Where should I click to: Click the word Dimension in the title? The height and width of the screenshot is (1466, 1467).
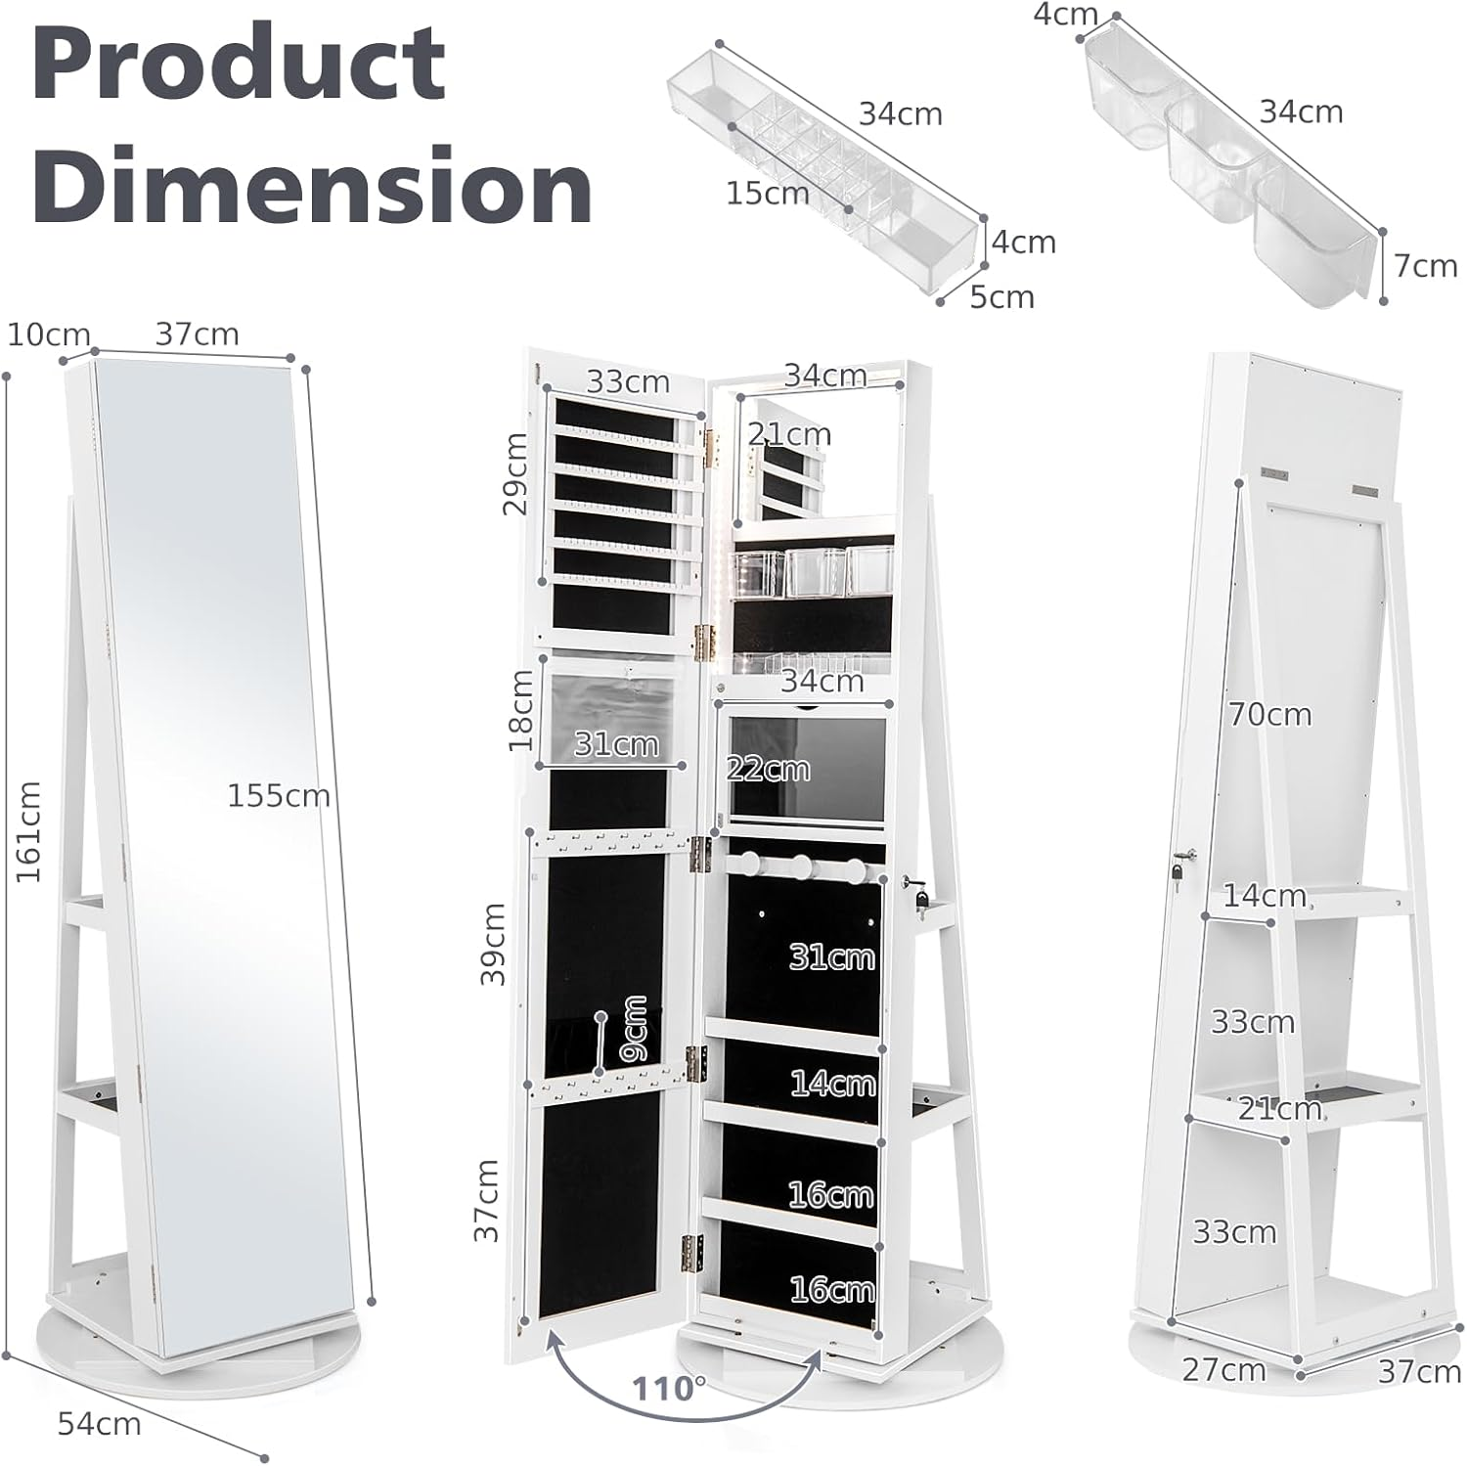coord(312,186)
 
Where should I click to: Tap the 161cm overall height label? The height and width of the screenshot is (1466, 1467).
coord(28,831)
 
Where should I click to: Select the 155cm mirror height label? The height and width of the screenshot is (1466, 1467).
coord(279,796)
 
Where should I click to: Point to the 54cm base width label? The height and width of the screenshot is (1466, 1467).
coord(99,1423)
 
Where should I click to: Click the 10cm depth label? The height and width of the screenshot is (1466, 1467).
coord(49,334)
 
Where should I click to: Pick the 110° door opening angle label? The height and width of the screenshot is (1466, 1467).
coord(669,1388)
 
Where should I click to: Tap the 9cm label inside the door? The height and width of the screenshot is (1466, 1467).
coord(633,1030)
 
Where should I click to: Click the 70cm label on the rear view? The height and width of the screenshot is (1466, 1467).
coord(1269,715)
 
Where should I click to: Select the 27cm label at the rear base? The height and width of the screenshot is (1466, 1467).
coord(1223,1370)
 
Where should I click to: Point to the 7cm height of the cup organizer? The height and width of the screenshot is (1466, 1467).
coord(1425,266)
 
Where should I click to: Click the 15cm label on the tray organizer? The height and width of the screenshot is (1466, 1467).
coord(768,194)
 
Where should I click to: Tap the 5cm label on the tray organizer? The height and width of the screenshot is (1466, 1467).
coord(1001,297)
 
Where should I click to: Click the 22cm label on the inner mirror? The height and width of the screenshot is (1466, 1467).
coord(769,770)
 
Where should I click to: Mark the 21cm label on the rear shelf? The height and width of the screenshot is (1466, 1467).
coord(1279,1109)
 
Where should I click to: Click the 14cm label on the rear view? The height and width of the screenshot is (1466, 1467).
coord(1264,895)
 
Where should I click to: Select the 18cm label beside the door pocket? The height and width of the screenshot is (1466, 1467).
coord(521,710)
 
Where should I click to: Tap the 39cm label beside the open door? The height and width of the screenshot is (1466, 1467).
coord(493,944)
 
